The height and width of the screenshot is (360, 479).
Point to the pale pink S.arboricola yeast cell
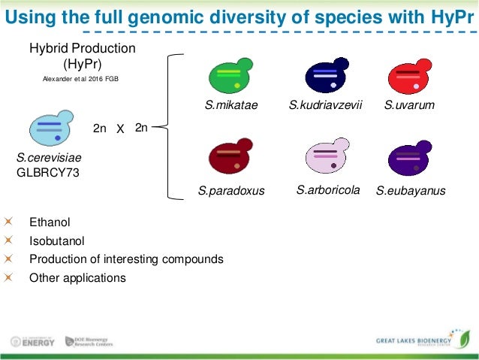click(325, 157)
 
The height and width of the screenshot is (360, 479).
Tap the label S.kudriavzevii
click(326, 105)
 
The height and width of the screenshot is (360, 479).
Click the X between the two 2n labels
click(120, 129)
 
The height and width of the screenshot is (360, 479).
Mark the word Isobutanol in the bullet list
click(56, 241)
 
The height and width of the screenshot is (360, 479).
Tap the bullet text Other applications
click(77, 277)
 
